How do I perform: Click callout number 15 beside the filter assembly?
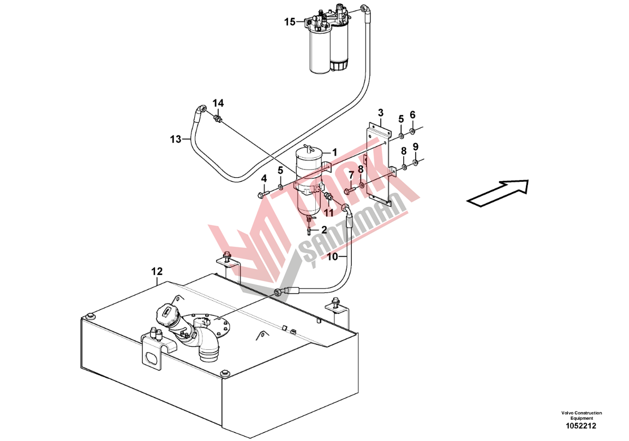point(290,22)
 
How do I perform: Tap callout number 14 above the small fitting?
point(218,103)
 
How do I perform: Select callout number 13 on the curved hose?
point(175,139)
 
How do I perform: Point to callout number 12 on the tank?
point(157,271)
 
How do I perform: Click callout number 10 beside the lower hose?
point(333,257)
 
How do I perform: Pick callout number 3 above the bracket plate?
point(381,113)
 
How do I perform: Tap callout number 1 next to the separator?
point(334,152)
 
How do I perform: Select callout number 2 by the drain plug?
point(324,230)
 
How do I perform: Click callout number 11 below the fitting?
point(328,213)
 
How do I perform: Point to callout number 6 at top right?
point(412,115)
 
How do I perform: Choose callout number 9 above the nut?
point(416,147)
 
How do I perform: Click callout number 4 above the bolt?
point(264,178)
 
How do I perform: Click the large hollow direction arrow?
point(498,193)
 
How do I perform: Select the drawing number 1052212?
point(581,426)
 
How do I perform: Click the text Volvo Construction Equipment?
point(581,415)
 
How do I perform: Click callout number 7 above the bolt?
point(351,175)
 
